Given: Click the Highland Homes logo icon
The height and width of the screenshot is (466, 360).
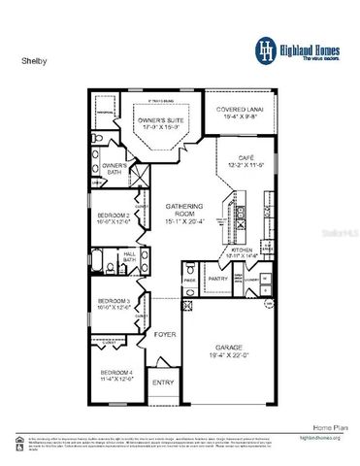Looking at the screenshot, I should [x=264, y=49].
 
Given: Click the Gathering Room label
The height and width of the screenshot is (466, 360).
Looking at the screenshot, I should [x=181, y=210].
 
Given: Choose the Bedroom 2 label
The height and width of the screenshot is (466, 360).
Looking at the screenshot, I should [x=113, y=217].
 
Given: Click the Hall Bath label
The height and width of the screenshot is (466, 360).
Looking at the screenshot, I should [x=129, y=257].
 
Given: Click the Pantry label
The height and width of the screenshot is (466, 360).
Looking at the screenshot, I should [x=218, y=279].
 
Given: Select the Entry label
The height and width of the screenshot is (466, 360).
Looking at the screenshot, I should [x=163, y=383].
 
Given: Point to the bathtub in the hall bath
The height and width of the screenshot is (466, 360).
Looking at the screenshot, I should [x=105, y=259].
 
